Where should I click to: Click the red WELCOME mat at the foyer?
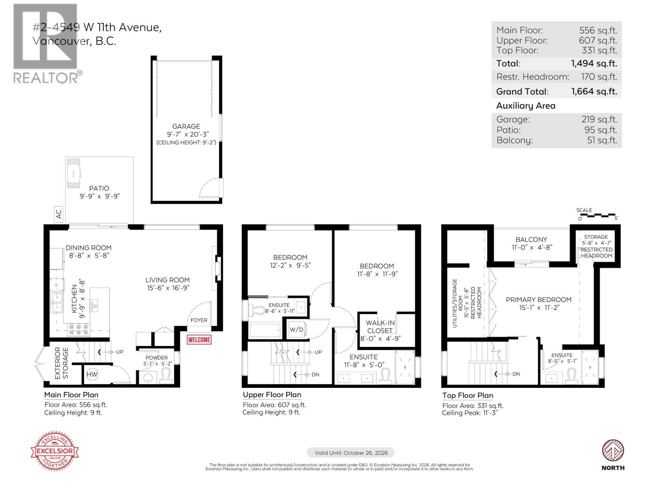point(199,339)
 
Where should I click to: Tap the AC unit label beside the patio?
point(59,214)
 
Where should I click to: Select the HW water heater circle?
point(92,374)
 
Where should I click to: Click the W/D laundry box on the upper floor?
point(296,330)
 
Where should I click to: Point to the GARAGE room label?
point(186,126)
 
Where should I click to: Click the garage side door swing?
point(210,189)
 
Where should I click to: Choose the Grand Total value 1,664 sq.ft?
point(594,91)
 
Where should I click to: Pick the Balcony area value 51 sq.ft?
point(601,140)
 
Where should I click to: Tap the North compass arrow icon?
point(613,451)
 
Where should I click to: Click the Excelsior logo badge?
point(55,451)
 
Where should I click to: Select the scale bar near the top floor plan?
point(597,215)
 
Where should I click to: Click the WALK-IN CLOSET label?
point(380,327)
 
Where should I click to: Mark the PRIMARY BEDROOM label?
point(538,300)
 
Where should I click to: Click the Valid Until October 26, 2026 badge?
point(351,453)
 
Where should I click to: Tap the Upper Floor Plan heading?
point(272,395)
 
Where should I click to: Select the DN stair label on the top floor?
point(516,374)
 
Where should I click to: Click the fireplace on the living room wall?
point(218,267)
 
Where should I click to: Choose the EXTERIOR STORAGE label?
point(61,363)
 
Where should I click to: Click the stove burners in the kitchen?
point(78,328)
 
